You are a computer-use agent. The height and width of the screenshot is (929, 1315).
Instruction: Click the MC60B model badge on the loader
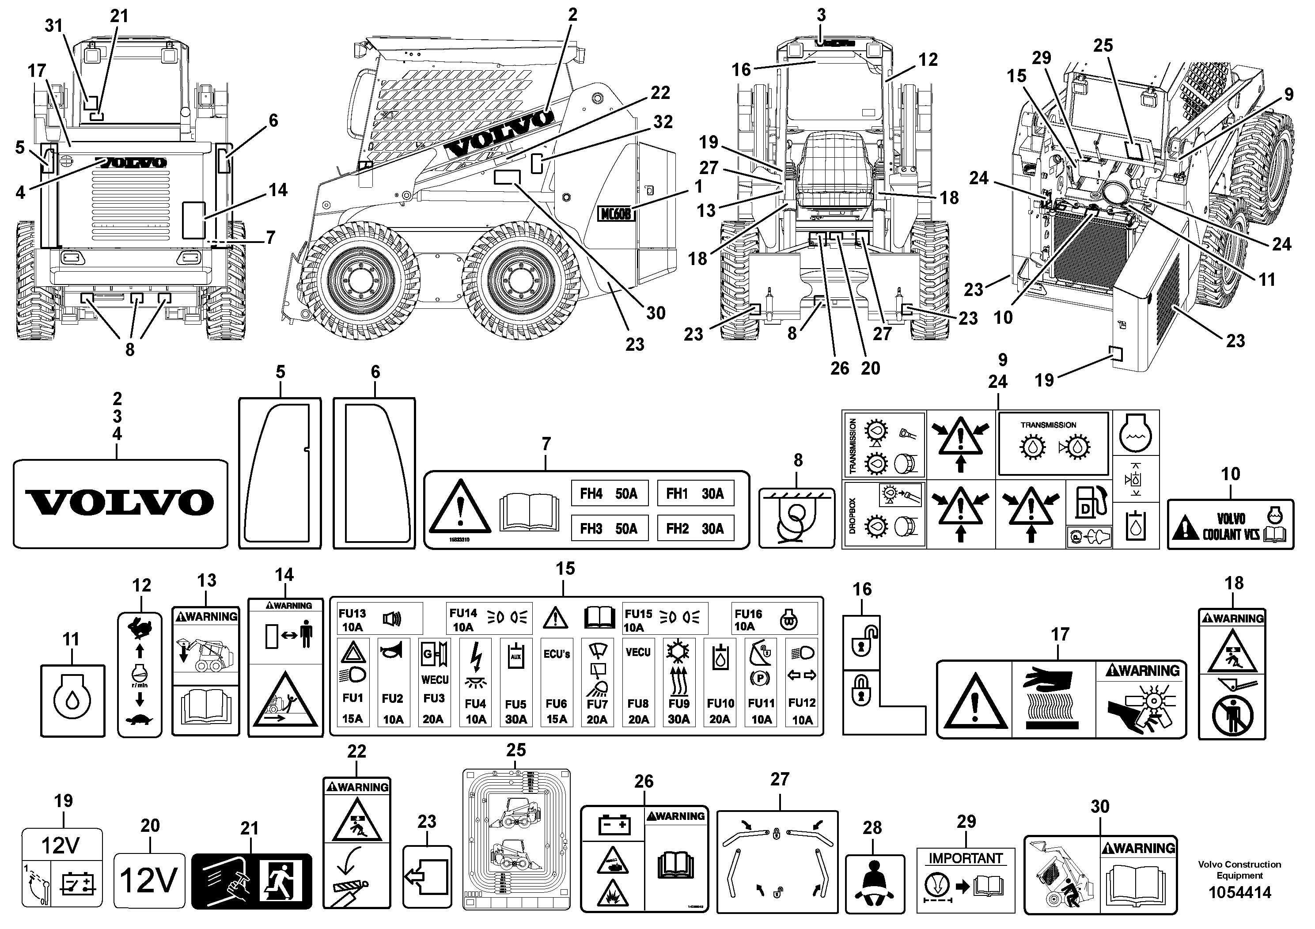(x=616, y=214)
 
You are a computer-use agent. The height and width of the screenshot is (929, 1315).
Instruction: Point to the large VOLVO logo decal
(x=120, y=503)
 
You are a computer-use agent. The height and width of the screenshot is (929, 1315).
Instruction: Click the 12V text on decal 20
(x=149, y=880)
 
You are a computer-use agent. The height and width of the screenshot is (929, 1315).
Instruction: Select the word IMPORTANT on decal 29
(x=966, y=859)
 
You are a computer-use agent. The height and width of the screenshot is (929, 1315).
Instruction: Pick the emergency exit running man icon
(x=282, y=881)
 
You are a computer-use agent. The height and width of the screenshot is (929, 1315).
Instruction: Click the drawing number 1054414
(x=1239, y=892)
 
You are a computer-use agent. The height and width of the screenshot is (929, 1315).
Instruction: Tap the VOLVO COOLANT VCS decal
(x=1230, y=525)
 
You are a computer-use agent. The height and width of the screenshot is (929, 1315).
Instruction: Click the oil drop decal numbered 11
(x=73, y=701)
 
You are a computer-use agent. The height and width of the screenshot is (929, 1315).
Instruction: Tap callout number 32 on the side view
(x=663, y=122)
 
